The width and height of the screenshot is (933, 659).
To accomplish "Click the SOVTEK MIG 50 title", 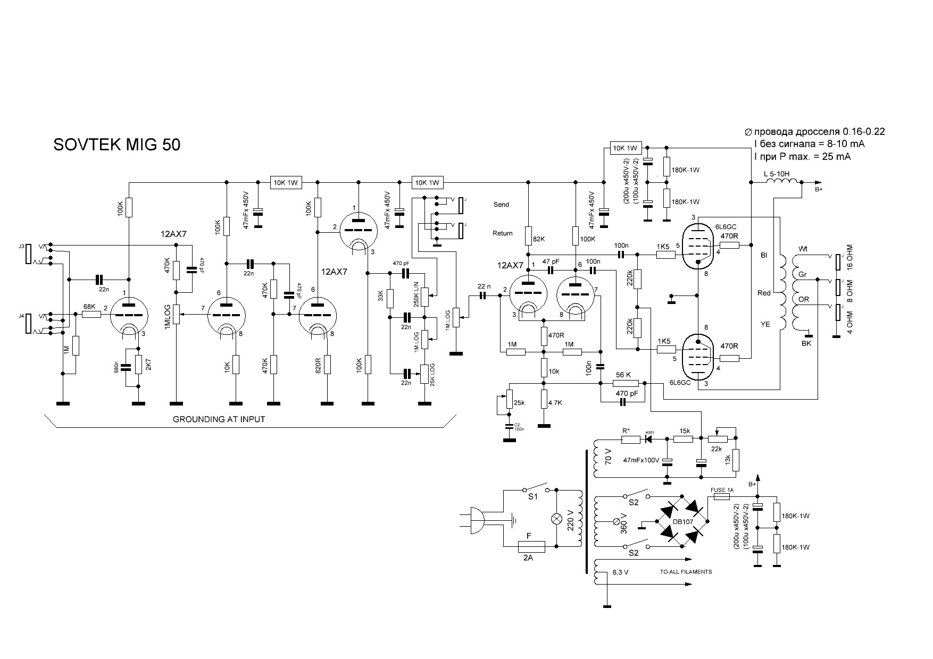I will coord(117,145).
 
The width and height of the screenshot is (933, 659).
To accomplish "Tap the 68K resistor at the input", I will coord(91,314).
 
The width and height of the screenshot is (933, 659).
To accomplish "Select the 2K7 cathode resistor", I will coord(138,365).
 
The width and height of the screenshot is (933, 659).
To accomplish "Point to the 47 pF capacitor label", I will coord(551,261).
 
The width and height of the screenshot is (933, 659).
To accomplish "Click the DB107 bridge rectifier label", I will coord(683,521).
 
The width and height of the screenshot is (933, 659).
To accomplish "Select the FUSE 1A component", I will coord(722,497).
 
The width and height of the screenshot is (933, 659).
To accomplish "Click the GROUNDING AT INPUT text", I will coord(219,419).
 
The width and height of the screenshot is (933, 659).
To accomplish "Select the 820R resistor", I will coord(327,365).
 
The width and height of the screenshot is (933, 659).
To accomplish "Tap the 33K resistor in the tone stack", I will coord(390,299).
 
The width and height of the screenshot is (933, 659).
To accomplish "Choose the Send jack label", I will coord(501,205).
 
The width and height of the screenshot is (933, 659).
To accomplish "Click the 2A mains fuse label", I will coord(528,558).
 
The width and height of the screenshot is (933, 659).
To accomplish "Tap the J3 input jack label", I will coord(21,247).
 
